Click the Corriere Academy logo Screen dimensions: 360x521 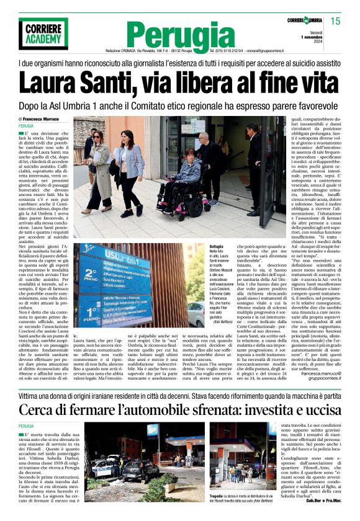coord(43,33)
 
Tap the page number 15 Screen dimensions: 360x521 coord(336,20)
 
